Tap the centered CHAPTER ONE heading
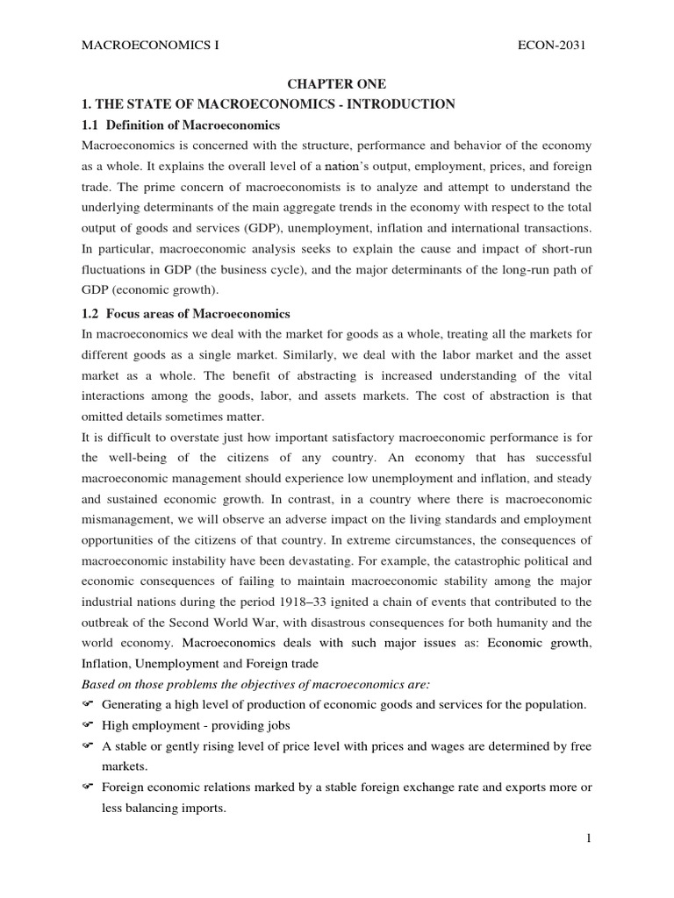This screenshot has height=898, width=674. point(337,84)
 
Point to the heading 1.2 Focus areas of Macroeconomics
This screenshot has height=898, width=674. point(185,313)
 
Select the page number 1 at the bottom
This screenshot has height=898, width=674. point(590,839)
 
